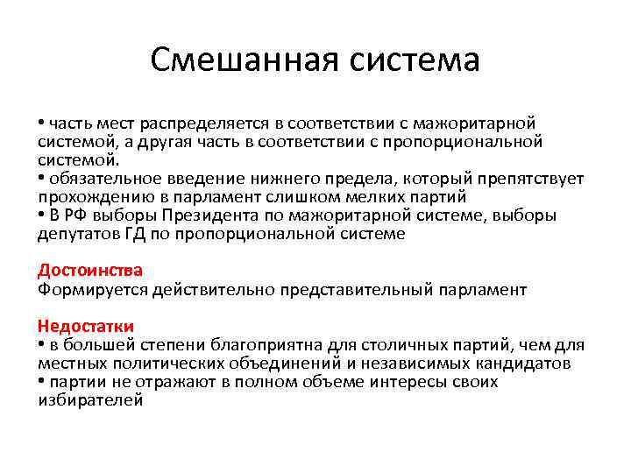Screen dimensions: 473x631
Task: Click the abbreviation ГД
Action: coord(120,234)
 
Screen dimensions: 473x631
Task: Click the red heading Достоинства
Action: coord(90,271)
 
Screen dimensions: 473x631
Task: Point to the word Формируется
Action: coord(87,289)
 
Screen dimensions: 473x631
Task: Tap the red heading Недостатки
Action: coord(86,327)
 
